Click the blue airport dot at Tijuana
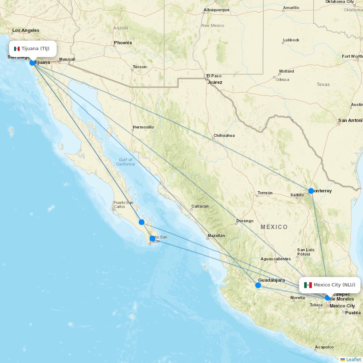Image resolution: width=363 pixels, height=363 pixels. pyautogui.click(x=32, y=63)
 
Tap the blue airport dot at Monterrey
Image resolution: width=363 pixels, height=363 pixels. pyautogui.click(x=311, y=191)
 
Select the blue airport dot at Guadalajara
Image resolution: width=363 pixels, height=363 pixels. pyautogui.click(x=258, y=285)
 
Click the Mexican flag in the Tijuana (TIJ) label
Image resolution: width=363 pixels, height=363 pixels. pyautogui.click(x=17, y=49)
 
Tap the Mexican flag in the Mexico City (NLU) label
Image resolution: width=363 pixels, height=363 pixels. pyautogui.click(x=308, y=285)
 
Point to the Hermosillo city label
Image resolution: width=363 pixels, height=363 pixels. pyautogui.click(x=143, y=127)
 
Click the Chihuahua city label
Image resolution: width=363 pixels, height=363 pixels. pyautogui.click(x=224, y=135)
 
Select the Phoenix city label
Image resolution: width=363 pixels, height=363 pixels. pyautogui.click(x=123, y=43)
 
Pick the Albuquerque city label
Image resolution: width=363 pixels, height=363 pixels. pyautogui.click(x=216, y=10)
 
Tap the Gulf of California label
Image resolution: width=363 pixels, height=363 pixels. pyautogui.click(x=126, y=162)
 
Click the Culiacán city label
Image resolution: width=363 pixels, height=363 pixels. pyautogui.click(x=200, y=206)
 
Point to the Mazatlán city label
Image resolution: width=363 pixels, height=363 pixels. pyautogui.click(x=216, y=236)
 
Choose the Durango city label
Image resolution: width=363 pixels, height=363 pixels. pyautogui.click(x=245, y=221)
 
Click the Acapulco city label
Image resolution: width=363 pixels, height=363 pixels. pyautogui.click(x=324, y=347)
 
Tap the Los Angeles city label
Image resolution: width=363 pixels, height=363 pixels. pyautogui.click(x=26, y=30)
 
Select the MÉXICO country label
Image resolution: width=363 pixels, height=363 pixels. pyautogui.click(x=274, y=227)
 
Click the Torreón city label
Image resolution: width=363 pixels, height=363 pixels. pyautogui.click(x=265, y=193)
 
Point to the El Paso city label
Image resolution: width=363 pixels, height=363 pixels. pyautogui.click(x=214, y=76)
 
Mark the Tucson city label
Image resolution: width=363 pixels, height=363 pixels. pyautogui.click(x=140, y=67)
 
